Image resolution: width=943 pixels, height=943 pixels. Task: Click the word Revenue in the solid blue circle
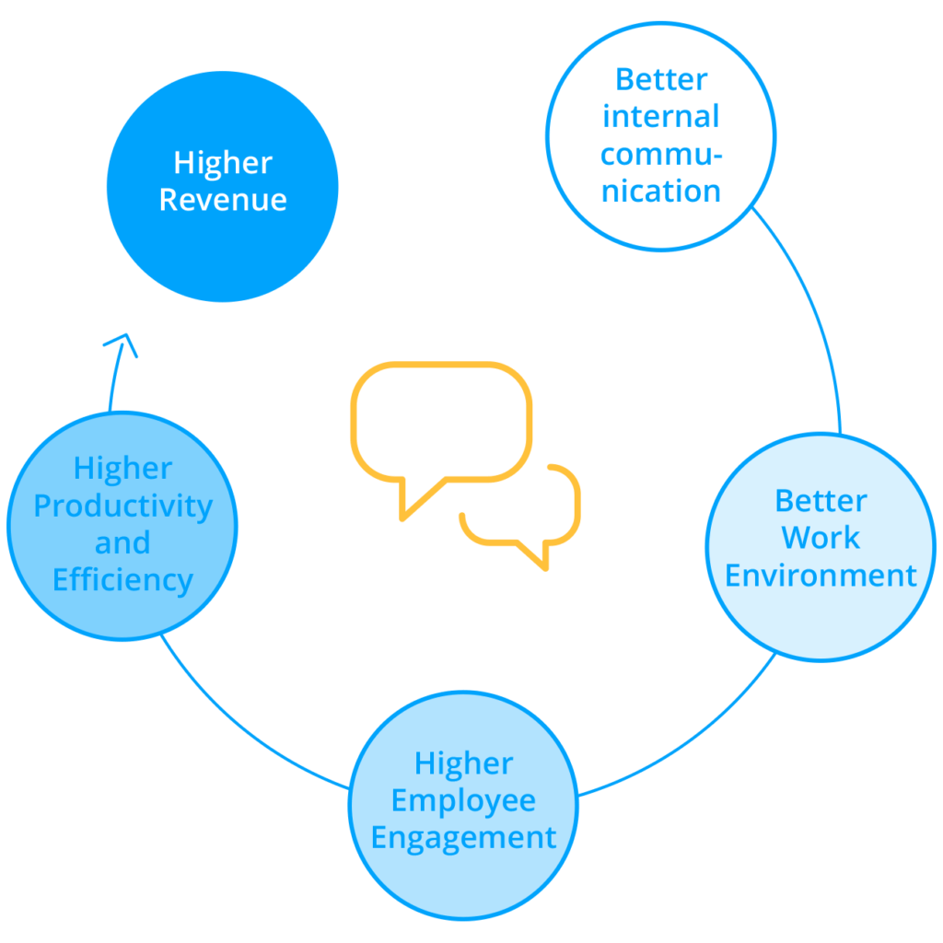pyautogui.click(x=223, y=201)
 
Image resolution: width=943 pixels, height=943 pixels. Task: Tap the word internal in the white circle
pyautogui.click(x=660, y=117)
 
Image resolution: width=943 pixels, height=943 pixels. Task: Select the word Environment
pyautogui.click(x=821, y=576)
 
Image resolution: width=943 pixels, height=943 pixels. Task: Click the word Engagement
pyautogui.click(x=464, y=838)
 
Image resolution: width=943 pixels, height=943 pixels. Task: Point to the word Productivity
pyautogui.click(x=122, y=506)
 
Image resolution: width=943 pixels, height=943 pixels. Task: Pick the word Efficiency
pyautogui.click(x=122, y=581)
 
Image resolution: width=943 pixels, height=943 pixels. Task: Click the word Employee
pyautogui.click(x=463, y=800)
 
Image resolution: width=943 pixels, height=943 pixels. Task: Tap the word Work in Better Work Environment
pyautogui.click(x=821, y=538)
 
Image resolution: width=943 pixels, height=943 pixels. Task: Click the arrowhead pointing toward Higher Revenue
pyautogui.click(x=121, y=344)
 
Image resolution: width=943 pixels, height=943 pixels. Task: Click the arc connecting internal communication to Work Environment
pyautogui.click(x=815, y=313)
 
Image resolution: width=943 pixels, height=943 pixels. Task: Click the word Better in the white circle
pyautogui.click(x=660, y=79)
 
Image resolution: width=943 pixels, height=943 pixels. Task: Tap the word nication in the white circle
pyautogui.click(x=660, y=192)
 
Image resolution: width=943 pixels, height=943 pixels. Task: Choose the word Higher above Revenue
pyautogui.click(x=223, y=163)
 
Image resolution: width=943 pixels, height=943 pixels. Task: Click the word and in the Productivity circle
pyautogui.click(x=122, y=543)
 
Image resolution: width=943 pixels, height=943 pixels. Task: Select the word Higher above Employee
pyautogui.click(x=463, y=763)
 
